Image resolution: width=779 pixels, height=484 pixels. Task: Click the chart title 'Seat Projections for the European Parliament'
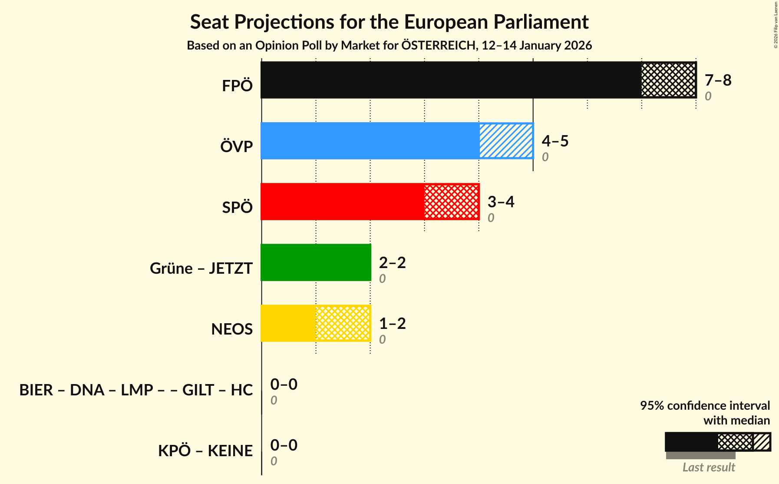click(x=389, y=22)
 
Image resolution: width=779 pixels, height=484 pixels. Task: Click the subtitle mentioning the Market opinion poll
click(x=389, y=46)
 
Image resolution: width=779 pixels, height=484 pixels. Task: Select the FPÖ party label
click(x=237, y=86)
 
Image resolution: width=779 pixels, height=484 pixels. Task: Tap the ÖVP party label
click(x=236, y=146)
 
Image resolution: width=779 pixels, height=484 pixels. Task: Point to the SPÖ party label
click(x=237, y=207)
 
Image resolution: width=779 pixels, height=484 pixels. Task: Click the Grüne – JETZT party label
click(x=201, y=268)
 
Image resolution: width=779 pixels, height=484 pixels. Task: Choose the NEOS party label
click(x=232, y=329)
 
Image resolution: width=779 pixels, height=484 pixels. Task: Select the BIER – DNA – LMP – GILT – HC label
click(x=136, y=390)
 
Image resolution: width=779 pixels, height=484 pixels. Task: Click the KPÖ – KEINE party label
click(x=205, y=451)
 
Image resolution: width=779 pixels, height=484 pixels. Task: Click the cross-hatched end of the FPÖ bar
click(x=669, y=80)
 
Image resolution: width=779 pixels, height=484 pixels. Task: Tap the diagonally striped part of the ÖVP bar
click(x=506, y=141)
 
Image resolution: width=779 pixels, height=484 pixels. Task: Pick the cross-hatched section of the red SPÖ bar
click(x=452, y=202)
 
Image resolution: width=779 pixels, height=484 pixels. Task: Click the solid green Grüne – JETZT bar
click(x=316, y=262)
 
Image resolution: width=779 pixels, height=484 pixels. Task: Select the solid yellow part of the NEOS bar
click(x=288, y=323)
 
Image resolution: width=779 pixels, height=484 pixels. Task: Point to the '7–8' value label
click(x=718, y=80)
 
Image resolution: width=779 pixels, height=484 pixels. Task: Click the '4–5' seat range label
click(x=555, y=141)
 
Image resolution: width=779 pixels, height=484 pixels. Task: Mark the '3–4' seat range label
click(x=501, y=202)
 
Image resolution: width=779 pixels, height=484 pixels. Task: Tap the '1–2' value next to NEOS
click(x=392, y=324)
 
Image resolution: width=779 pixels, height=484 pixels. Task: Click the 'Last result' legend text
click(x=709, y=467)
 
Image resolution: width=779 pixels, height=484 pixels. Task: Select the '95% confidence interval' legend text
click(x=705, y=405)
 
